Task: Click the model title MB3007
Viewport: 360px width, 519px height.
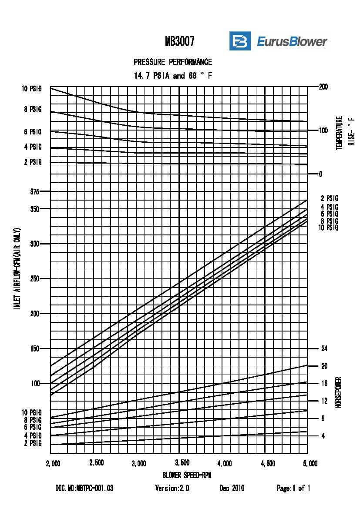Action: pos(179,42)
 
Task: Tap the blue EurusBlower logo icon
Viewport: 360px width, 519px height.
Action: pos(240,41)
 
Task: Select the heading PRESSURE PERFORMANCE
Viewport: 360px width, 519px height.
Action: pos(173,62)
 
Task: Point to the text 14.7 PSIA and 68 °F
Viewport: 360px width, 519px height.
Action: pos(173,76)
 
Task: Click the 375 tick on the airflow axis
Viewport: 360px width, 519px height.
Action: pos(34,191)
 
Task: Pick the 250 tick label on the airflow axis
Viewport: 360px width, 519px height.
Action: pos(34,278)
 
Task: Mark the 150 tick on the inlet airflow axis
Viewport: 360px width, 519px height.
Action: pos(34,348)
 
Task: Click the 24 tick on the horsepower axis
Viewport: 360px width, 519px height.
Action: pos(324,348)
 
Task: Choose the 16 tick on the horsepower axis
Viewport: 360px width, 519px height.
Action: pos(324,383)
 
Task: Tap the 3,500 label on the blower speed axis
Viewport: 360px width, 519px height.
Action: pos(182,462)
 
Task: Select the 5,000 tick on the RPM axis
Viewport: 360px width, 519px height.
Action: pos(310,464)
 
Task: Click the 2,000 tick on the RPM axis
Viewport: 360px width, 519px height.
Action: pos(53,464)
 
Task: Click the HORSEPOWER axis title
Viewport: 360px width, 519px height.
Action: pos(338,392)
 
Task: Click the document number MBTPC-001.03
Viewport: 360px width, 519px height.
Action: pos(84,489)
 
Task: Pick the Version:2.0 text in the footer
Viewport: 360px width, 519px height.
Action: pos(172,489)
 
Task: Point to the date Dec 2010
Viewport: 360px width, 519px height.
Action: pos(232,489)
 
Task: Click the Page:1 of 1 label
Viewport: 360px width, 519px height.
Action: pos(293,489)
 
